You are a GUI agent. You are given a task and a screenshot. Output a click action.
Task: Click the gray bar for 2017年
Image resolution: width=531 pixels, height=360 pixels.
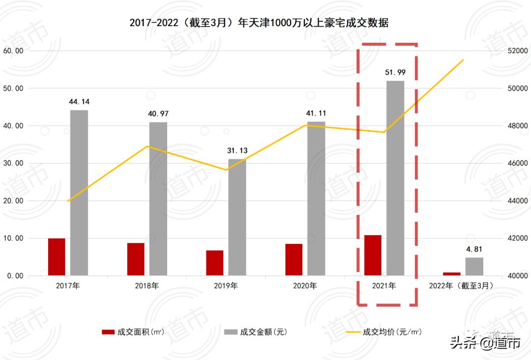pos(79,193)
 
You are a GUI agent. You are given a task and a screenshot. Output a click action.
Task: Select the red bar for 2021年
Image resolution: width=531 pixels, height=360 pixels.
pos(373,255)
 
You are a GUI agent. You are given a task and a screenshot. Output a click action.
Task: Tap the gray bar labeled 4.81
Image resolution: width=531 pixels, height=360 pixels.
pos(474,267)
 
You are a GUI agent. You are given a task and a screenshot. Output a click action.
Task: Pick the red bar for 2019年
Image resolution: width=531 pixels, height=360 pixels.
pos(214,263)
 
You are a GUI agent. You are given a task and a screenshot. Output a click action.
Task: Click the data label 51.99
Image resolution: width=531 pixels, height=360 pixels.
pos(395,72)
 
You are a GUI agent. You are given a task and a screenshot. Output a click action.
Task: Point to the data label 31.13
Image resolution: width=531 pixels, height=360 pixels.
pos(237,150)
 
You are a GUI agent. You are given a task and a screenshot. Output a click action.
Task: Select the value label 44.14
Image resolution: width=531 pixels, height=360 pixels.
pos(79,102)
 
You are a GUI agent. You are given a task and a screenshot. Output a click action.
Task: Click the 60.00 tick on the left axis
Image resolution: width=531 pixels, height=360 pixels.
pos(13,51)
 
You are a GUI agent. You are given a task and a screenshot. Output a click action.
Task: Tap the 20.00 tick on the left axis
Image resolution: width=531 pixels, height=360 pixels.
pos(13,201)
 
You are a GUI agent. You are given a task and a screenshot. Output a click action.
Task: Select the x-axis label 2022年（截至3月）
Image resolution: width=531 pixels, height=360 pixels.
pos(461,286)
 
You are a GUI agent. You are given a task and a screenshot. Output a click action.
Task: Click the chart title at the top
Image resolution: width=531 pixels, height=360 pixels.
pos(259,23)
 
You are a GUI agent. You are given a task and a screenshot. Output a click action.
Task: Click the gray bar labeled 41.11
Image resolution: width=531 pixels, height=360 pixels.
pos(316,198)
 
